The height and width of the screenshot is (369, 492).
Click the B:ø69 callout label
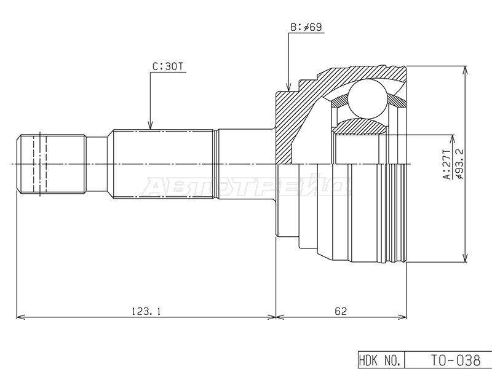pos(306,27)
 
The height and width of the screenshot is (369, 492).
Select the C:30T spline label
pos(167,67)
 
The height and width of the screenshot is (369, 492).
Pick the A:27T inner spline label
pos(446,164)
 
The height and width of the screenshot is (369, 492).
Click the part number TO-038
pos(455,359)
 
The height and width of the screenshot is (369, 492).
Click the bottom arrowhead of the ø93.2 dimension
pos(465,258)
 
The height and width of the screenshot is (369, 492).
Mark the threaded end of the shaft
pos(52,164)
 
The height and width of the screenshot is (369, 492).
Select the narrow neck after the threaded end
pos(97,164)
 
